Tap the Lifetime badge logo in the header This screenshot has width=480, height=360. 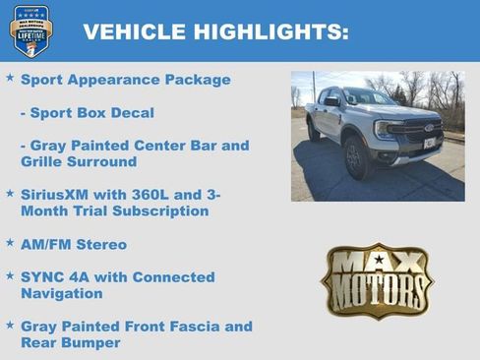click(30, 30)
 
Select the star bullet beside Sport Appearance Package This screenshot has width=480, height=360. click(10, 78)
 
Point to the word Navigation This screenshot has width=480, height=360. click(62, 293)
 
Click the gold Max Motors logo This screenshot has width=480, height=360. click(377, 280)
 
